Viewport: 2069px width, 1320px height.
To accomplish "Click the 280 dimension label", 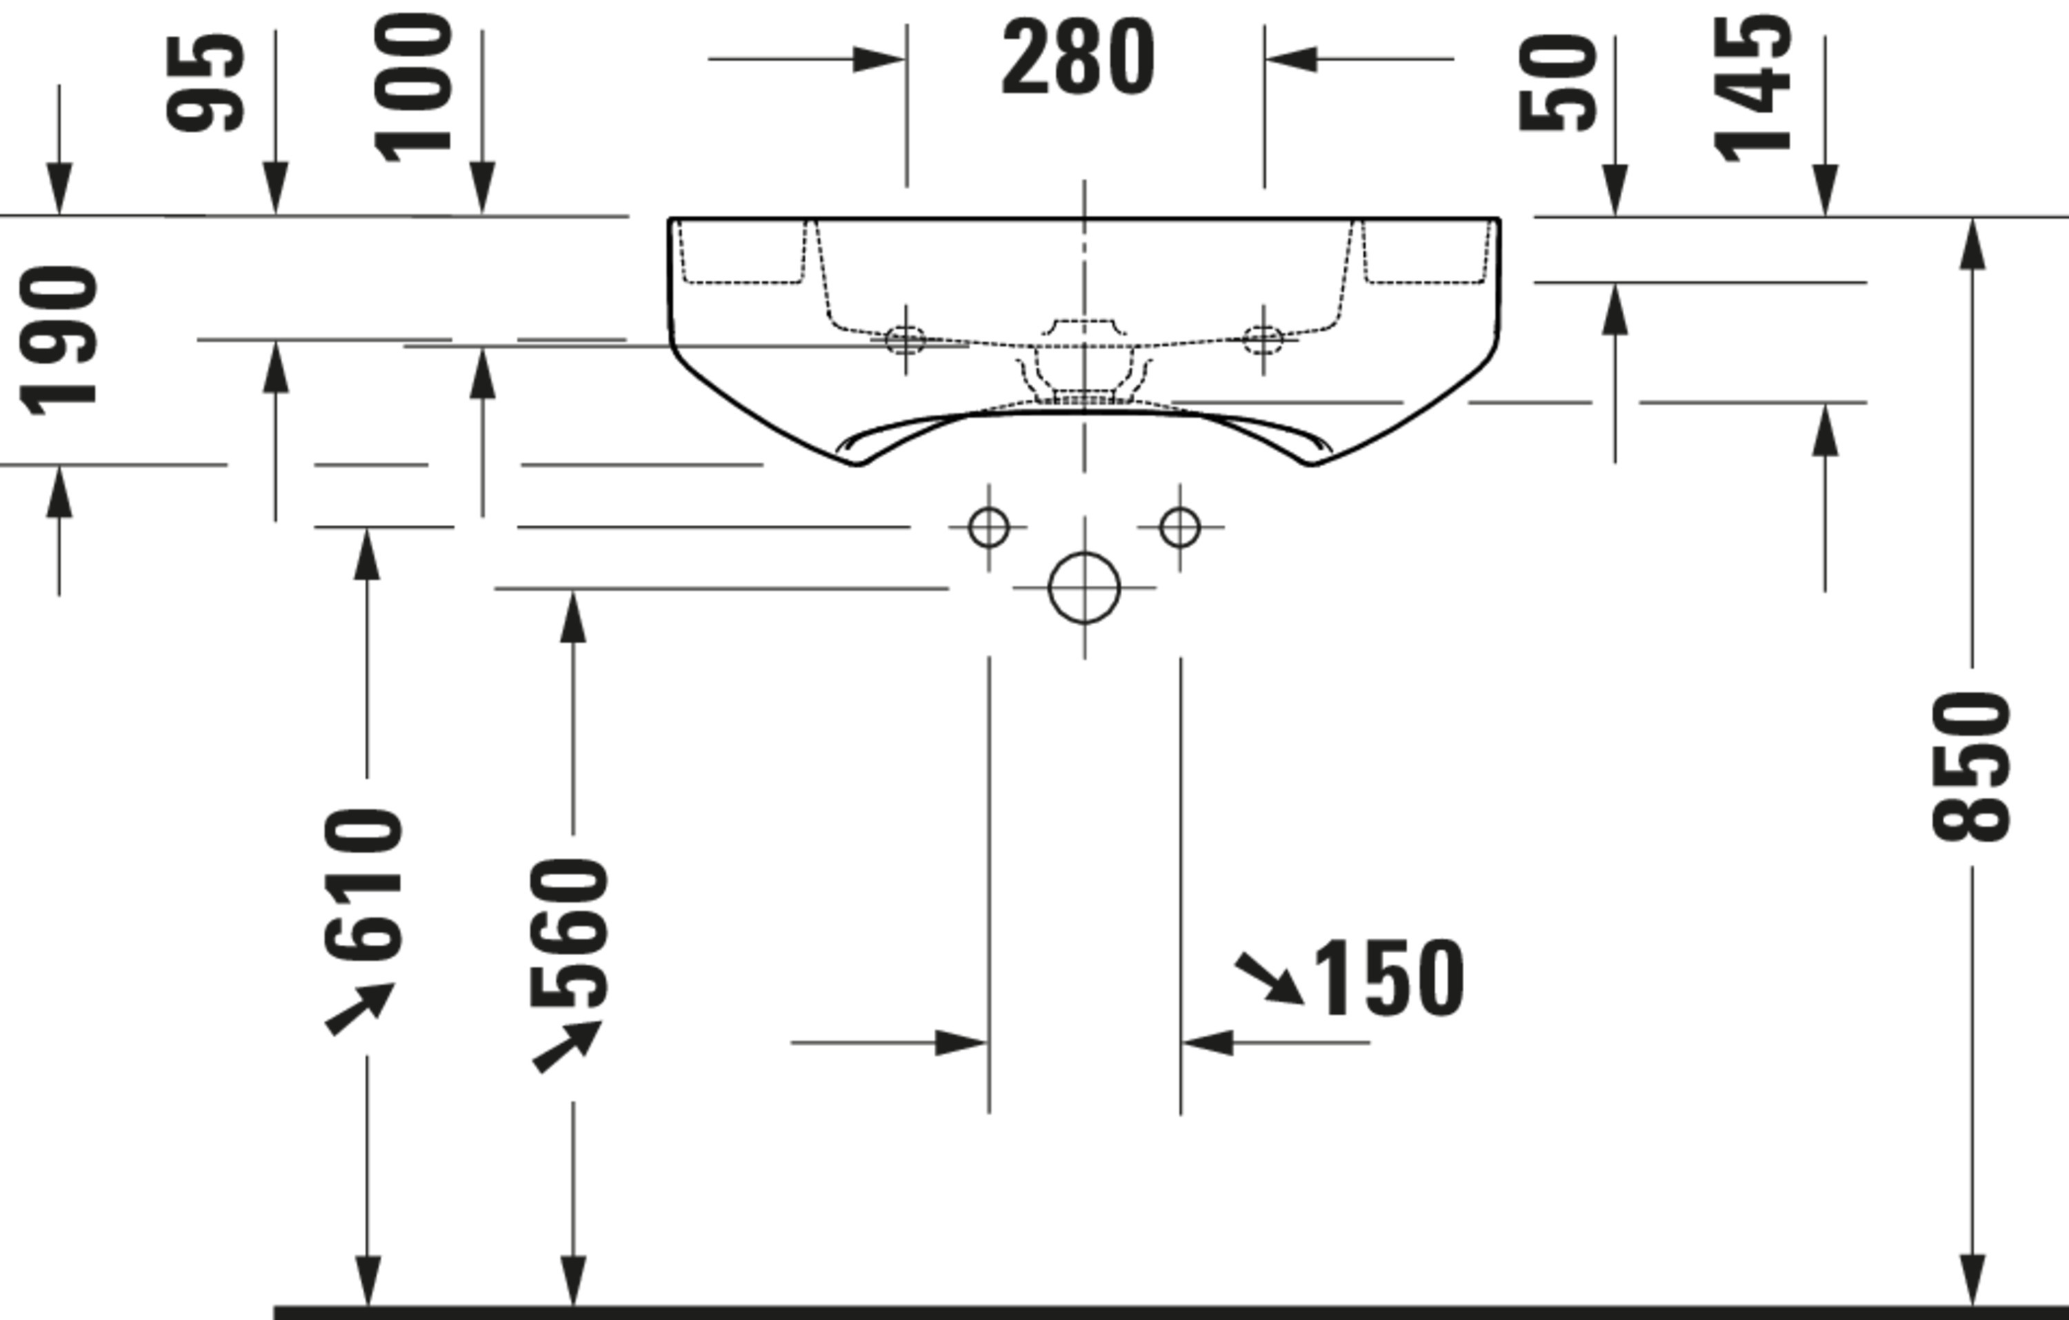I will [x=1079, y=59].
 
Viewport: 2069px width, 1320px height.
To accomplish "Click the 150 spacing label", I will [x=1388, y=979].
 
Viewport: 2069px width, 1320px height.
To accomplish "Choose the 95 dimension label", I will [x=206, y=83].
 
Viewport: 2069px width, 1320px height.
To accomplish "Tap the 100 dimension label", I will [x=414, y=88].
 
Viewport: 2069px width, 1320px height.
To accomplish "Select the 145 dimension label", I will [x=1754, y=88].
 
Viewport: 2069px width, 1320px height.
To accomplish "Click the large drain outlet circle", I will [x=1084, y=588].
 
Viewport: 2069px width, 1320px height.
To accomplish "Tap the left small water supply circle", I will [x=988, y=527].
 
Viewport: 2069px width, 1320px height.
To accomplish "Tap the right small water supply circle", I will [x=1180, y=527].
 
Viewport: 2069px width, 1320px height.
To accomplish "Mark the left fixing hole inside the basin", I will [x=905, y=339].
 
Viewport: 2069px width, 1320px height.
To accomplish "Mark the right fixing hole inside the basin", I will [x=1263, y=339].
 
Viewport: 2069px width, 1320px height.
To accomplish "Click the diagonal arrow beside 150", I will [x=1270, y=979].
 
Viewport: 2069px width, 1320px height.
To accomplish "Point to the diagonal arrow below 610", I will [x=360, y=1009].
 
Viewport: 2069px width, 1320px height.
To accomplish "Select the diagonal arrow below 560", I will [x=567, y=1047].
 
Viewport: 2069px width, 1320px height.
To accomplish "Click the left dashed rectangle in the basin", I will [x=742, y=251].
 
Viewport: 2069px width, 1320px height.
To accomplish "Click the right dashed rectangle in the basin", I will [x=1426, y=251].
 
